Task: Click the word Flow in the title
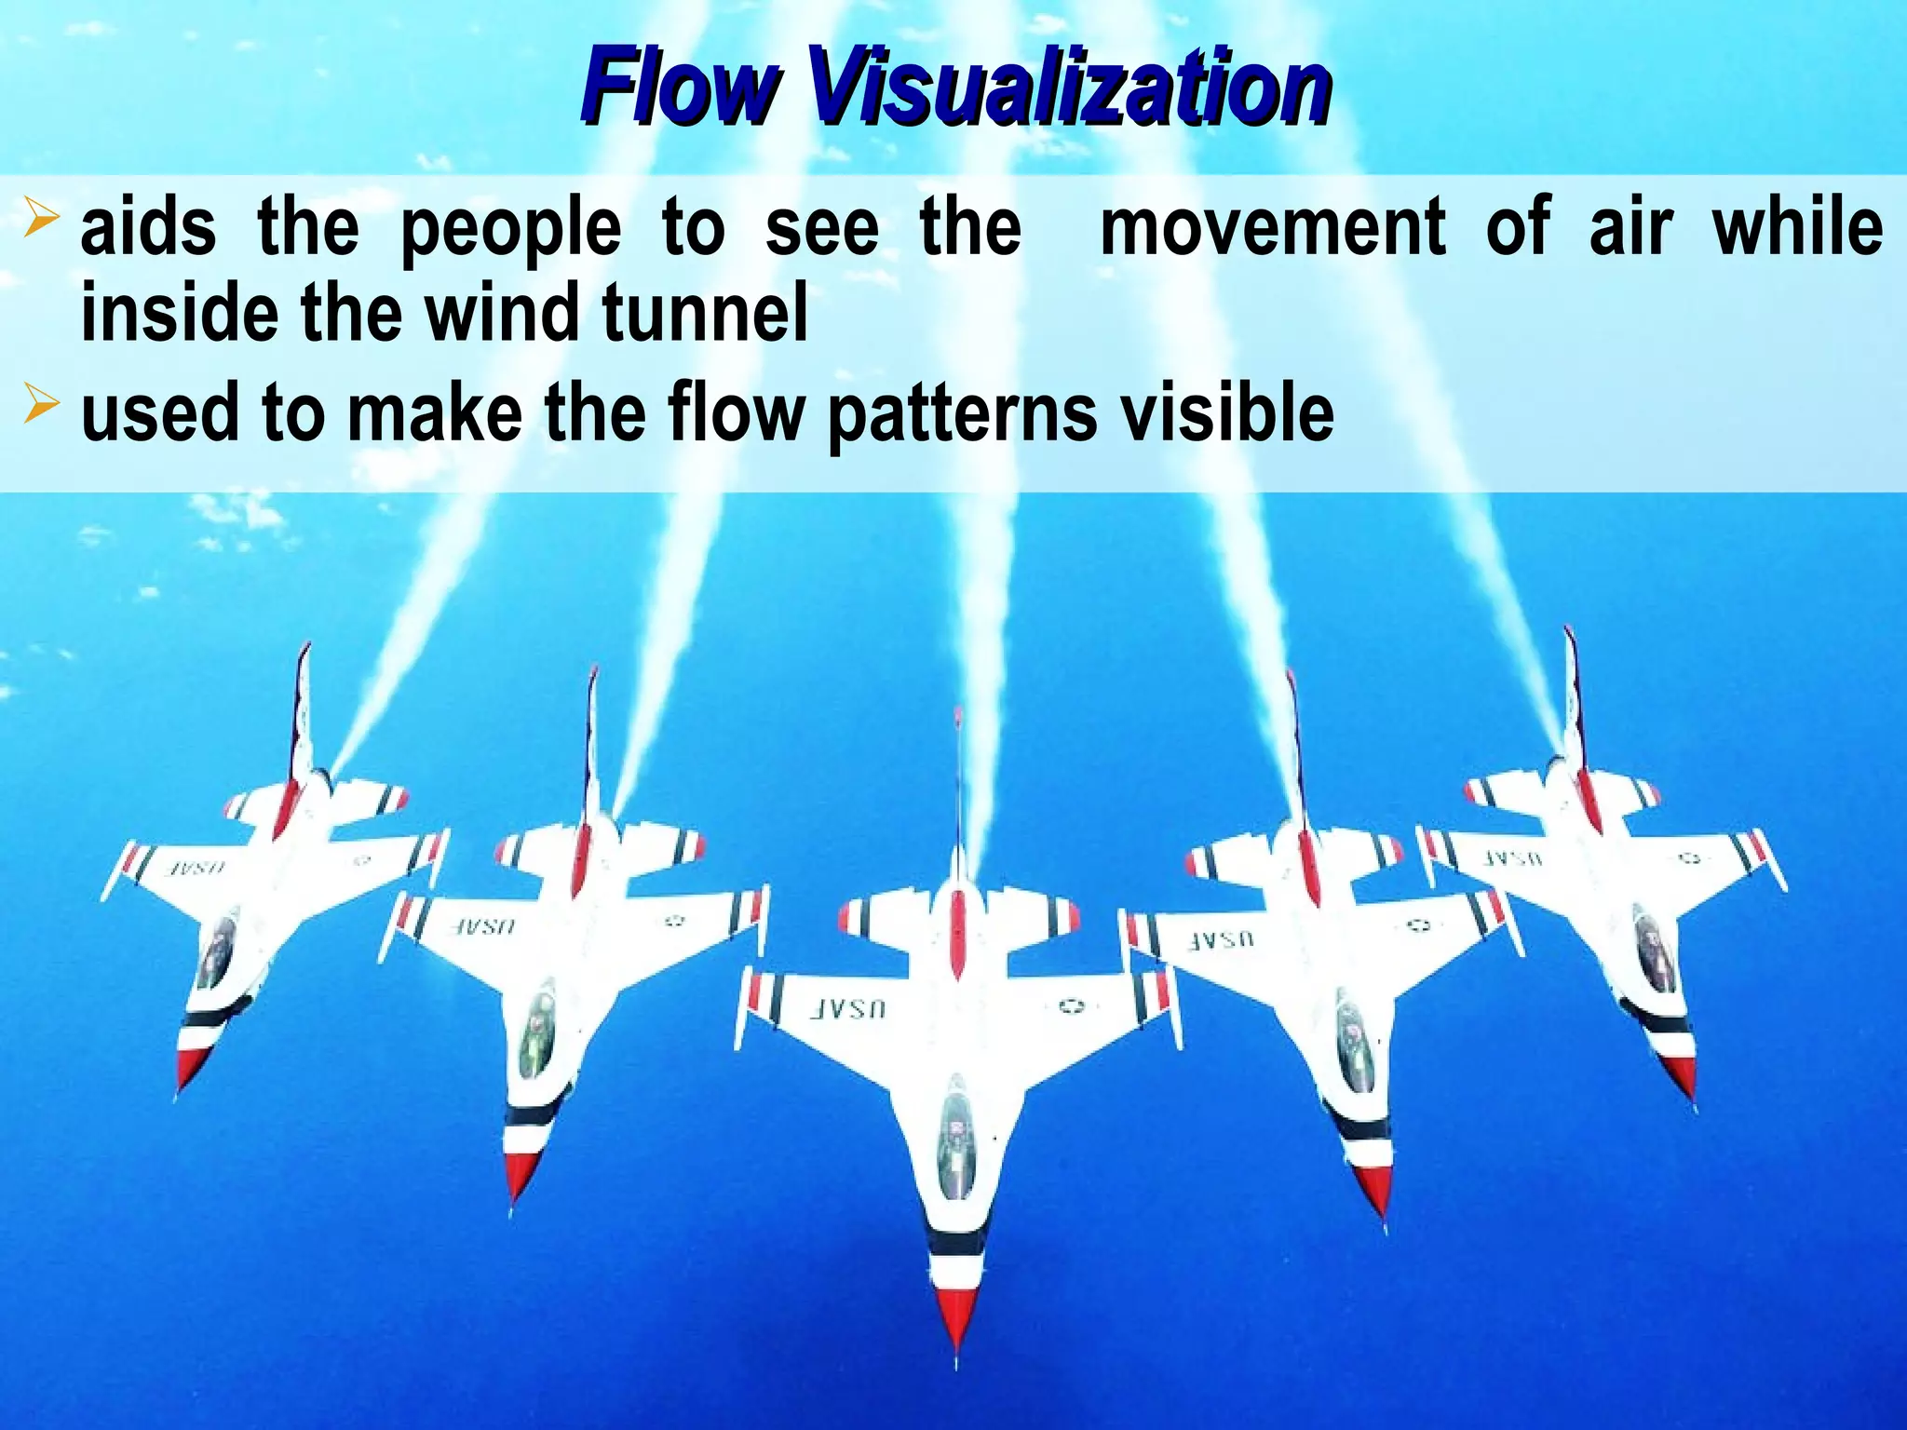[x=680, y=88]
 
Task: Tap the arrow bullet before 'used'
[x=42, y=406]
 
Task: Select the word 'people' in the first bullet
[x=510, y=229]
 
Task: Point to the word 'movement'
[x=1272, y=227]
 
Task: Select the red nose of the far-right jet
[x=1682, y=1080]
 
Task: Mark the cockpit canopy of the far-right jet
[x=1653, y=950]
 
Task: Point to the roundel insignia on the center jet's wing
[x=1071, y=1005]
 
